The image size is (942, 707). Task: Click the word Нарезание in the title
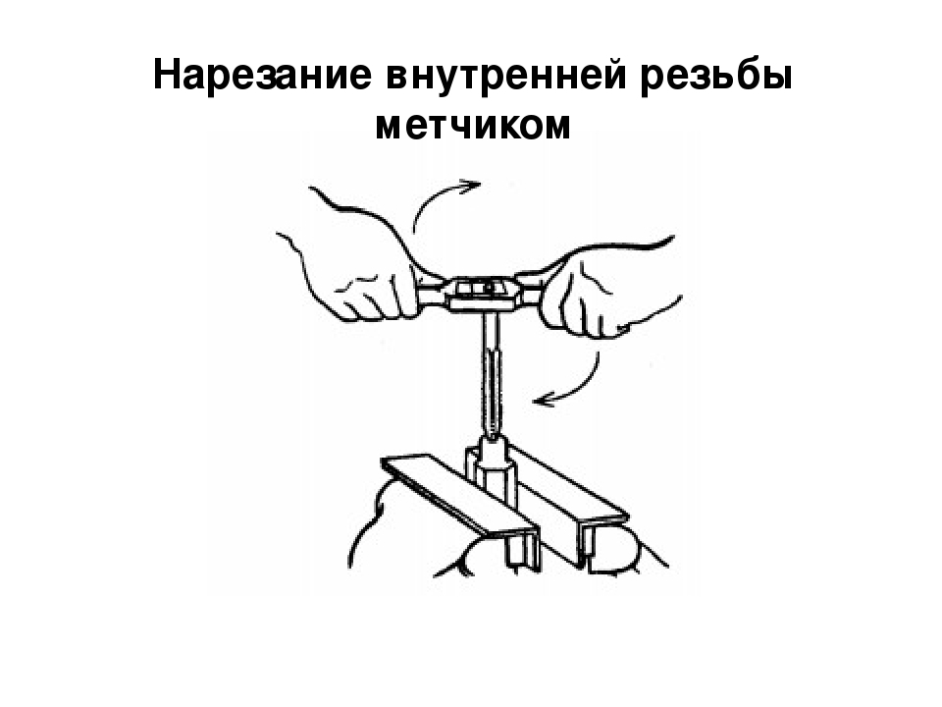pos(263,76)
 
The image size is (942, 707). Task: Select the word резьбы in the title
pos(716,77)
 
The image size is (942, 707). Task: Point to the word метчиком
pos(473,127)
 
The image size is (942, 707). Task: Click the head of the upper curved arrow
pos(470,185)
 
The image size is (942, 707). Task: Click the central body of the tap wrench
pos(482,294)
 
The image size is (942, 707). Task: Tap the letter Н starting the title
pos(167,76)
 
